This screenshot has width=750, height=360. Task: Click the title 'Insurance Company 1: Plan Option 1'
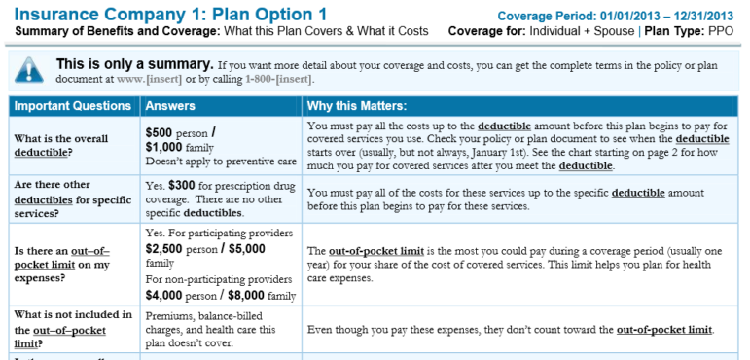[x=171, y=15]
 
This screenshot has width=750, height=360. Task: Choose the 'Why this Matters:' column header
[x=357, y=105]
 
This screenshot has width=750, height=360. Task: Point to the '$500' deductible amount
[x=161, y=132]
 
